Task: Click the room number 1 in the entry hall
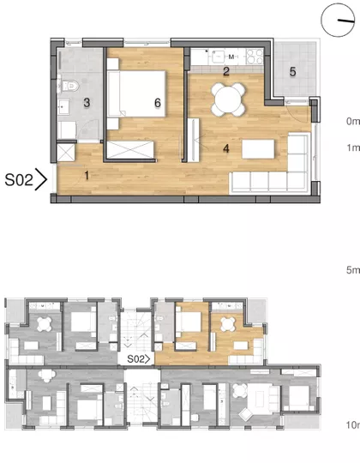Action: tap(87, 176)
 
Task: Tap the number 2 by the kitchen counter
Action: tap(226, 71)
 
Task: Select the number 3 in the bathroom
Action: tap(87, 103)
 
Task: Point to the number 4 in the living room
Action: tap(226, 148)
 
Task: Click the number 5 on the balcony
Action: tap(292, 72)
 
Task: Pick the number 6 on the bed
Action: tap(158, 103)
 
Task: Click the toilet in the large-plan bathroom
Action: tap(69, 86)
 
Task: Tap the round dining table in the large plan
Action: tap(228, 99)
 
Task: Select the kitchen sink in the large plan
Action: tap(218, 57)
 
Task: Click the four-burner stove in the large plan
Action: tap(255, 57)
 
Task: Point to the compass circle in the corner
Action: tap(338, 20)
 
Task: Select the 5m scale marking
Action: tap(353, 270)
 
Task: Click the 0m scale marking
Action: tap(353, 121)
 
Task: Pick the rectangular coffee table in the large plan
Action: tap(258, 149)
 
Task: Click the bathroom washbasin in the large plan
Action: tap(63, 106)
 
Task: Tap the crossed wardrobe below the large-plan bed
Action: tap(130, 150)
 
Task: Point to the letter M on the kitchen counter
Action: tap(231, 57)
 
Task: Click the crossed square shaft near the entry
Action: tap(65, 153)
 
